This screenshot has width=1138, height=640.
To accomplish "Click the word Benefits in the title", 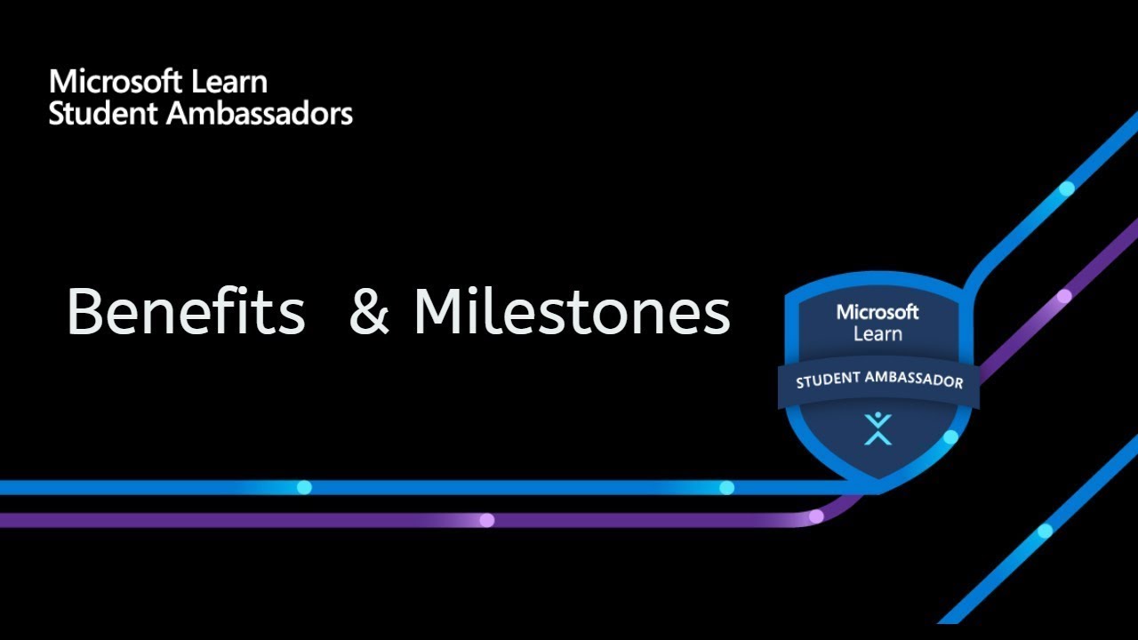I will pos(185,312).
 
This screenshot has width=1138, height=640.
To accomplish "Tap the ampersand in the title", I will pos(369,312).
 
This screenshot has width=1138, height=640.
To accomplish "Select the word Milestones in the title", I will pos(572,312).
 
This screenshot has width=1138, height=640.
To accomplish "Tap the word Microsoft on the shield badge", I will pos(878,313).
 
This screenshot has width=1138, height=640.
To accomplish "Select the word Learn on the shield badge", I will pos(878,334).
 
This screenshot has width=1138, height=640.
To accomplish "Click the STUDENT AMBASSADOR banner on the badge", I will pos(878,380).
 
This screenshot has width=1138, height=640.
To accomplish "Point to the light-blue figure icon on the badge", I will pos(878,428).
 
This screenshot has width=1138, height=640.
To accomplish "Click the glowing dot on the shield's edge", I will pos(950,437).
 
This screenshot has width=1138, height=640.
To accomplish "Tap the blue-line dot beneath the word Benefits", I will pos(304,487).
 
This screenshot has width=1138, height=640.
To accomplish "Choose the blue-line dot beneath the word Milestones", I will pos(726,487).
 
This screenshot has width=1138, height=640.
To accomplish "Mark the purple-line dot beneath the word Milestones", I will pos(486,520).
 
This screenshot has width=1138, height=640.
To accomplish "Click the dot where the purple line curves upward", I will pos(816,516).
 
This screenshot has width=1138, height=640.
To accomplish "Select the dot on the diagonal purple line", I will pos(1064,296).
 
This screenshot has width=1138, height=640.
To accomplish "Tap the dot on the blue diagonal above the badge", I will pos(1067,188).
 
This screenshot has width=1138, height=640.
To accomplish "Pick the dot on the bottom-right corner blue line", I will pos(1045,531).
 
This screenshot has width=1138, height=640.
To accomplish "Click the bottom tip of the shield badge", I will pos(878,491).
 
